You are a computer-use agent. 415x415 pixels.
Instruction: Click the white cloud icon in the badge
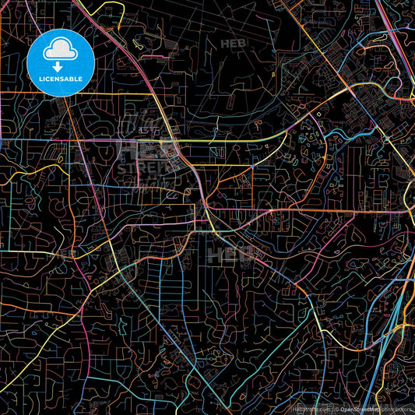point(60,51)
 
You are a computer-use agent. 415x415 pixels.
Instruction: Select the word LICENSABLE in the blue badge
point(60,79)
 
